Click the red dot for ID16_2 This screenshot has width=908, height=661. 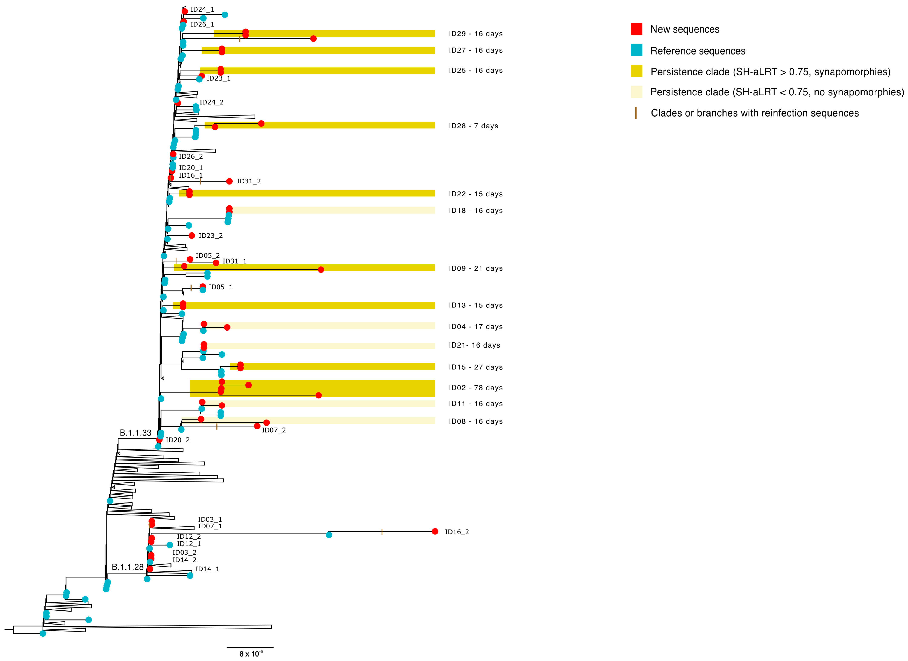[435, 531]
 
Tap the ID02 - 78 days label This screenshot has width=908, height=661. [475, 388]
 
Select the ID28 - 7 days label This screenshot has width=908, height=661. [473, 126]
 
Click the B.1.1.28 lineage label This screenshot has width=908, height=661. [127, 567]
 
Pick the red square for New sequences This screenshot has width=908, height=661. [636, 29]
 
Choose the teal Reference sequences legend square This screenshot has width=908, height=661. [636, 50]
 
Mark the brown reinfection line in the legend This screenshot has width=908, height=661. [635, 113]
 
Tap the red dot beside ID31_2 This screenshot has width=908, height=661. [229, 181]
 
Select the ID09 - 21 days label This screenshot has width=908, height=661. [475, 268]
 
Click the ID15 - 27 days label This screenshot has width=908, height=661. [475, 367]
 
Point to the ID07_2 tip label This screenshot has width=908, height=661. [274, 430]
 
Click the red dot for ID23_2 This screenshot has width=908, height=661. [192, 235]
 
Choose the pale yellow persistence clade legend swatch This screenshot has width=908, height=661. [636, 92]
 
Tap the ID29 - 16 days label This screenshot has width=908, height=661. [475, 34]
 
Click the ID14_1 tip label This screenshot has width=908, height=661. [207, 569]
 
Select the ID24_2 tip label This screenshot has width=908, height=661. [211, 102]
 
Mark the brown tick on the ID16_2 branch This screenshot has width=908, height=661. [382, 532]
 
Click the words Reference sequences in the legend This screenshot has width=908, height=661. [698, 51]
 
